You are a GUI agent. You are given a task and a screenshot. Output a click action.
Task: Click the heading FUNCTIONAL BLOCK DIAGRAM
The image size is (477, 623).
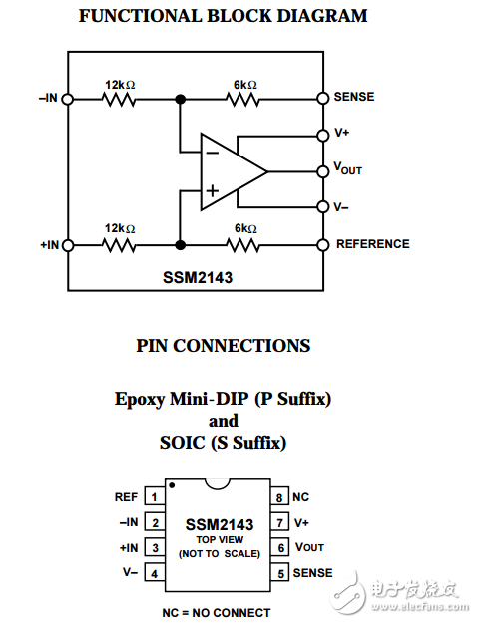[x=223, y=16]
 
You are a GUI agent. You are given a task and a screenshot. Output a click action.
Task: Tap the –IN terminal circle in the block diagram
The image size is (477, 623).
[x=68, y=99]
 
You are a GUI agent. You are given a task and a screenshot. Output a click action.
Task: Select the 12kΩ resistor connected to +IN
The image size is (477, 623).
[x=119, y=244]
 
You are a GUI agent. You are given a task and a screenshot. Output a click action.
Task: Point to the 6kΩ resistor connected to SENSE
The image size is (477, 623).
[x=244, y=99]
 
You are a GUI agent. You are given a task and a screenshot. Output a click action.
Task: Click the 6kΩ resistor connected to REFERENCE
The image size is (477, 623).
[x=244, y=244]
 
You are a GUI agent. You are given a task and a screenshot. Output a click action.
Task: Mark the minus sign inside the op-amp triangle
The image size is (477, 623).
[x=212, y=152]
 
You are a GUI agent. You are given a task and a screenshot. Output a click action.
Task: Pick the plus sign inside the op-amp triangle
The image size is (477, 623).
[x=212, y=189]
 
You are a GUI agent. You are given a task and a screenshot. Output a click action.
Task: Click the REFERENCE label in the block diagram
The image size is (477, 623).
[x=372, y=244]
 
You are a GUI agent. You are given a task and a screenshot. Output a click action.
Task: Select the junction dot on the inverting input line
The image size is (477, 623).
[x=181, y=99]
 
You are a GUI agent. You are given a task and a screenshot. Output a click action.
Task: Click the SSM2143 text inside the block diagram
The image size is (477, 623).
[x=197, y=278]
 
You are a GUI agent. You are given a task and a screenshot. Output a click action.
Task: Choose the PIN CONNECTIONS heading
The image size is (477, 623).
[x=223, y=346]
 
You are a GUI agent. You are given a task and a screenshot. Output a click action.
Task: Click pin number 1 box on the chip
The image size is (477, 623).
[x=155, y=496]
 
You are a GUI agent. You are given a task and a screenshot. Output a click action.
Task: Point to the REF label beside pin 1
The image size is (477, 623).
[x=126, y=496]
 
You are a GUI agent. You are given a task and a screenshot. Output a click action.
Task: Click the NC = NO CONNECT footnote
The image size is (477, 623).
[x=216, y=612]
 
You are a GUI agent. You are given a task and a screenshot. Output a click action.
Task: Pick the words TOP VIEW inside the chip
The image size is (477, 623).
[x=219, y=539]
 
